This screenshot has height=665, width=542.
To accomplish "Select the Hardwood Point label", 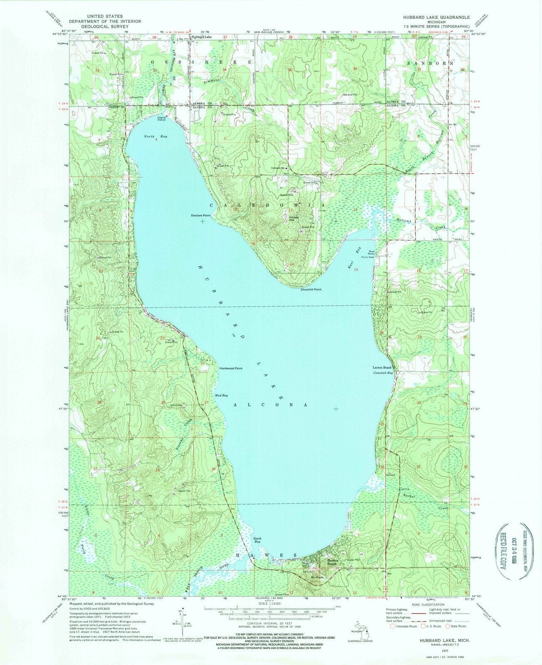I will pyautogui.click(x=232, y=368).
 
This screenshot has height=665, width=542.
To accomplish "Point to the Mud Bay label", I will pyautogui.click(x=221, y=395).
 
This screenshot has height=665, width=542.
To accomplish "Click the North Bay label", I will pyautogui.click(x=150, y=136).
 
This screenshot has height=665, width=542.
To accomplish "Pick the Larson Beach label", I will pyautogui.click(x=382, y=368).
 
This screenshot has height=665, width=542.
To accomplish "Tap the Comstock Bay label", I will pyautogui.click(x=383, y=373).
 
